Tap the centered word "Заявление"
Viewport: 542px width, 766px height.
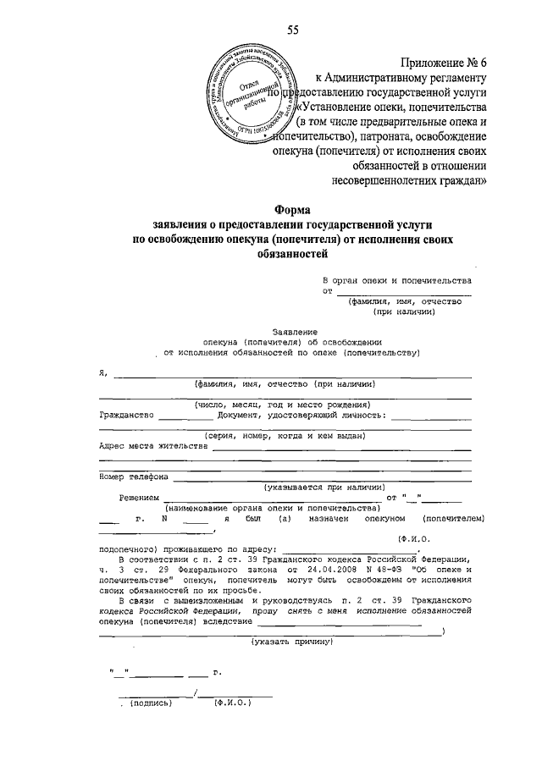[294, 331]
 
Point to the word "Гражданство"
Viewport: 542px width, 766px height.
[126, 416]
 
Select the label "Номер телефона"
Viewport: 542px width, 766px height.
[134, 477]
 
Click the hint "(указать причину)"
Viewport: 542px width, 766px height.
[290, 642]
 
